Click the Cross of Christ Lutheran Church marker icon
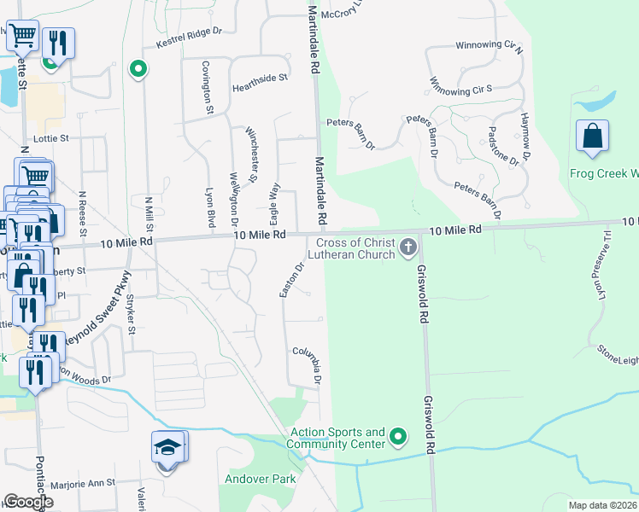(x=408, y=249)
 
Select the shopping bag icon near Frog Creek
(x=592, y=138)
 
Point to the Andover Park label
(x=260, y=479)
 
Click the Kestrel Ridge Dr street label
(x=188, y=37)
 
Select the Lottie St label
(x=50, y=137)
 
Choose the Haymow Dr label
(x=525, y=137)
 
